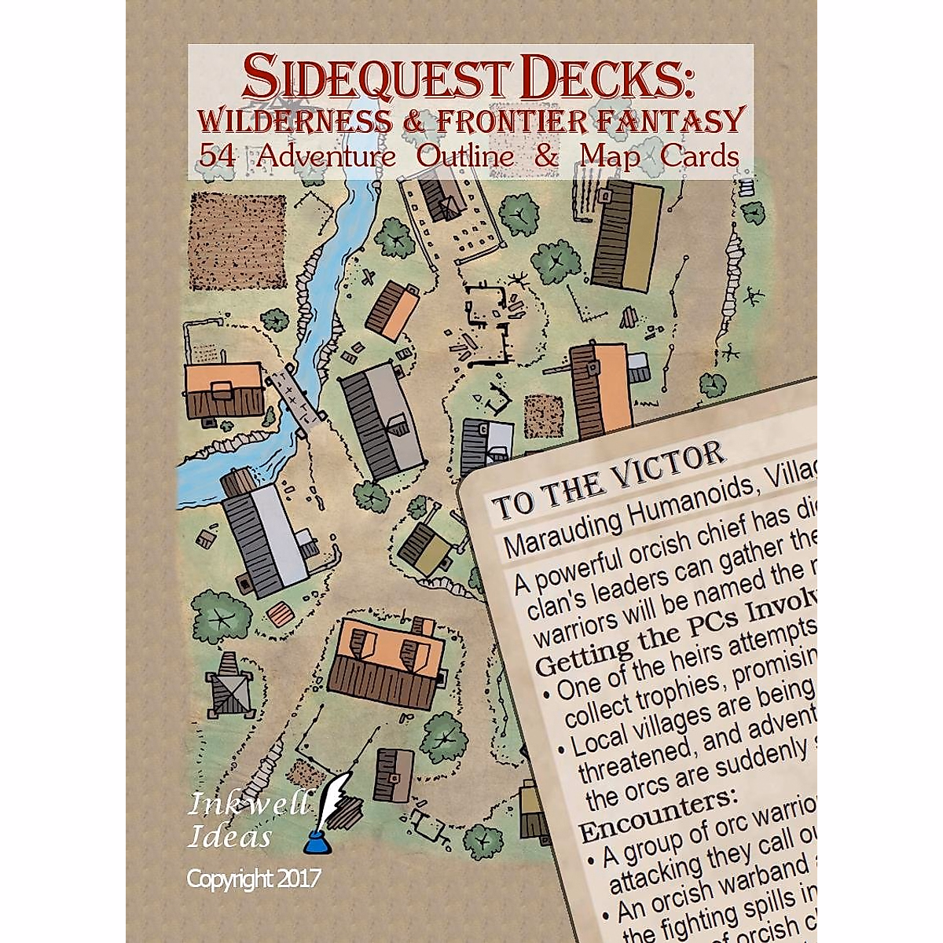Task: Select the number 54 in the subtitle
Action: pyautogui.click(x=218, y=156)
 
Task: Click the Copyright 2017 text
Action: pyautogui.click(x=253, y=878)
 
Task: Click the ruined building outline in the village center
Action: pyautogui.click(x=489, y=325)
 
